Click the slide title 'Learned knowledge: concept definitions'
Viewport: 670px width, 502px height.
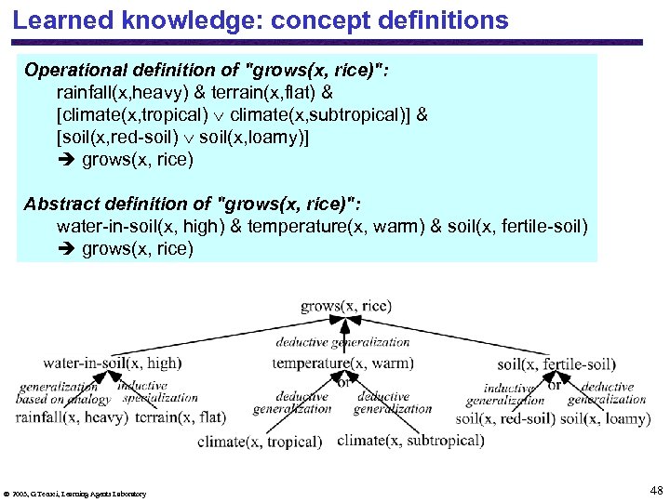pos(261,20)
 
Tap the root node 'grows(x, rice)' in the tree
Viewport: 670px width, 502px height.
pos(346,306)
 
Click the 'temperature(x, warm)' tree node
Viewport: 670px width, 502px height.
pos(342,363)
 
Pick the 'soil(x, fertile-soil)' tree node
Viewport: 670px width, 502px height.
pos(556,364)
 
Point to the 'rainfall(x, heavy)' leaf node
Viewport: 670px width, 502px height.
pos(72,417)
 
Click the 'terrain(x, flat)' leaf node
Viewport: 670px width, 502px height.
pos(181,417)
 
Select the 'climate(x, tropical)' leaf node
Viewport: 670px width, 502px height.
pos(260,442)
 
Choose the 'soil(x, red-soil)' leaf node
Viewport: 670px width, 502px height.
pos(506,419)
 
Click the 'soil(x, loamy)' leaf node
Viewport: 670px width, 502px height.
pos(605,419)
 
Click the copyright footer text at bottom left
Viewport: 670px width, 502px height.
pos(75,494)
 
